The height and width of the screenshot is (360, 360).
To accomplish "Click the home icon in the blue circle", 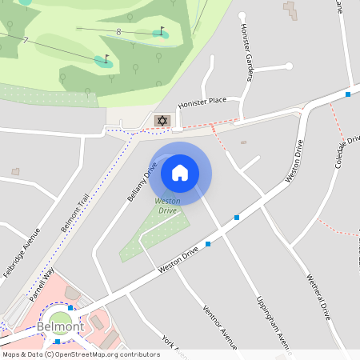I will click(x=180, y=172).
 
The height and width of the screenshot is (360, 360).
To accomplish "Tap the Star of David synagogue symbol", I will click(x=162, y=121).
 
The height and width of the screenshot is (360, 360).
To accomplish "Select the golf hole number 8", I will click(x=118, y=32).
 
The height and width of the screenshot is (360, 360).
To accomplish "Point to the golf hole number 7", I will click(x=26, y=40).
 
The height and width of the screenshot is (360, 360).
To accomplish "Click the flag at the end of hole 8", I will click(x=162, y=31).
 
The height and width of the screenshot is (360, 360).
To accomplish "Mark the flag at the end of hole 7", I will click(x=106, y=58).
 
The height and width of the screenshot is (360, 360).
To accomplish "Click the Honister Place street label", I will click(x=202, y=102).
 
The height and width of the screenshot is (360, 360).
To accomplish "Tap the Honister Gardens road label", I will click(x=246, y=52).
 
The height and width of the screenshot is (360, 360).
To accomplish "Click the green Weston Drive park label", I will click(x=167, y=206).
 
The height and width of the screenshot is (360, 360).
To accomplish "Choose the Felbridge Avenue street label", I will click(x=22, y=251).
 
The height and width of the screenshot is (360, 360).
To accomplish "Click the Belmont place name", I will click(x=60, y=327).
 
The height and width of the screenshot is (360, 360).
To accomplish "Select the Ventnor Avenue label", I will click(x=220, y=327).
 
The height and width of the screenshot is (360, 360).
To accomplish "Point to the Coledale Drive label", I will click(x=345, y=156).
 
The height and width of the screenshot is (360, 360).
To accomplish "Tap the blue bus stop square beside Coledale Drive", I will click(x=348, y=95).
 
